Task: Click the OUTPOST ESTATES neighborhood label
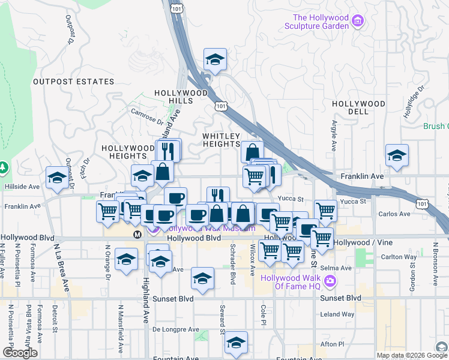(73, 81)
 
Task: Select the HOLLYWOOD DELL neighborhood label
(358, 108)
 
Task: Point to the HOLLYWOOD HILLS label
(173, 97)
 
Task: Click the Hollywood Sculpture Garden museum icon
(358, 22)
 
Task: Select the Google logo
(20, 353)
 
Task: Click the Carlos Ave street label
(394, 214)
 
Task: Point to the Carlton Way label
(399, 257)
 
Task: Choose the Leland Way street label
(337, 314)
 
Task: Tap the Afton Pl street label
(332, 344)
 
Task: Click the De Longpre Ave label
(175, 329)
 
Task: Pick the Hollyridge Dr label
(413, 101)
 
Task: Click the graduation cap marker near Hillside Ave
(57, 178)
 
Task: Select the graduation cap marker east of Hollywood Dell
(397, 155)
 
